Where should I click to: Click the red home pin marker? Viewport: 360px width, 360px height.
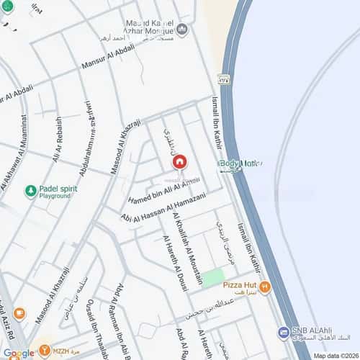click(x=180, y=162)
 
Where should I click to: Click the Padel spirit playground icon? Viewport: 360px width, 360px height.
click(x=31, y=191)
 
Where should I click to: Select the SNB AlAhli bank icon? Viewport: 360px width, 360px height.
click(x=284, y=332)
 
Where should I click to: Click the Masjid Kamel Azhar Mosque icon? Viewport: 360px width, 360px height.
click(x=182, y=30)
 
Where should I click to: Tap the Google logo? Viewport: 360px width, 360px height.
click(x=19, y=353)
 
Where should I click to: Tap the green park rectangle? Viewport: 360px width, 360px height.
click(x=212, y=279)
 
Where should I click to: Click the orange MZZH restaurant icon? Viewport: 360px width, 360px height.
click(x=47, y=351)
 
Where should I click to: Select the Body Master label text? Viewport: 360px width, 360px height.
click(x=238, y=164)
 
